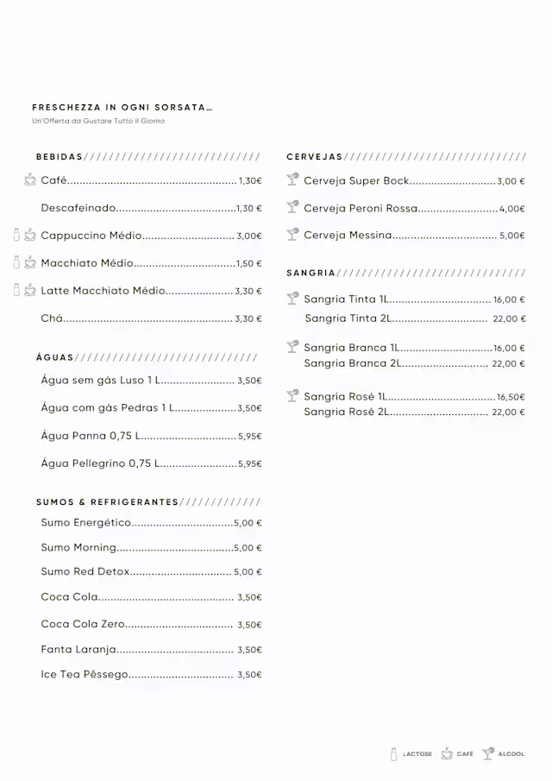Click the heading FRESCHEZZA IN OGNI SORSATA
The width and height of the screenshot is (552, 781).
122,108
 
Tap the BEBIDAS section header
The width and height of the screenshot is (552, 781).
60,157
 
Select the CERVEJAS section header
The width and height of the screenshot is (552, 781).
315,157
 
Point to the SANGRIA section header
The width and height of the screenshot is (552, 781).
310,273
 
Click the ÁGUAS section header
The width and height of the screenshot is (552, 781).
55,357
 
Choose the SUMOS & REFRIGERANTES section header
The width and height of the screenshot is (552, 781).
107,502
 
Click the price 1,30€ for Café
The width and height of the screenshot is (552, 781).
249,182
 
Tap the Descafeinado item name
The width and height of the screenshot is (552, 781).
78,208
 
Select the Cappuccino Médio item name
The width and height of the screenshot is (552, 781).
91,236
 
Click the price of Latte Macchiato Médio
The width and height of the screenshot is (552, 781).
248,292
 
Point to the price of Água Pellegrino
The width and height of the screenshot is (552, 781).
249,464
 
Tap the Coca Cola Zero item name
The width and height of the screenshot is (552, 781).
83,624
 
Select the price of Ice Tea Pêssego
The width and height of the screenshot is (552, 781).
249,675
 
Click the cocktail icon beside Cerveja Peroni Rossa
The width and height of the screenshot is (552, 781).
292,208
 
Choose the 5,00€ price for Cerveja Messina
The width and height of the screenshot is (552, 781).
512,236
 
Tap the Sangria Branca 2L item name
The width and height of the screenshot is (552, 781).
352,363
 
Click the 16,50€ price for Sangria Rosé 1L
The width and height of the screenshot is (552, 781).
511,397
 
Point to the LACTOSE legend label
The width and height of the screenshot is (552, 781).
417,754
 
